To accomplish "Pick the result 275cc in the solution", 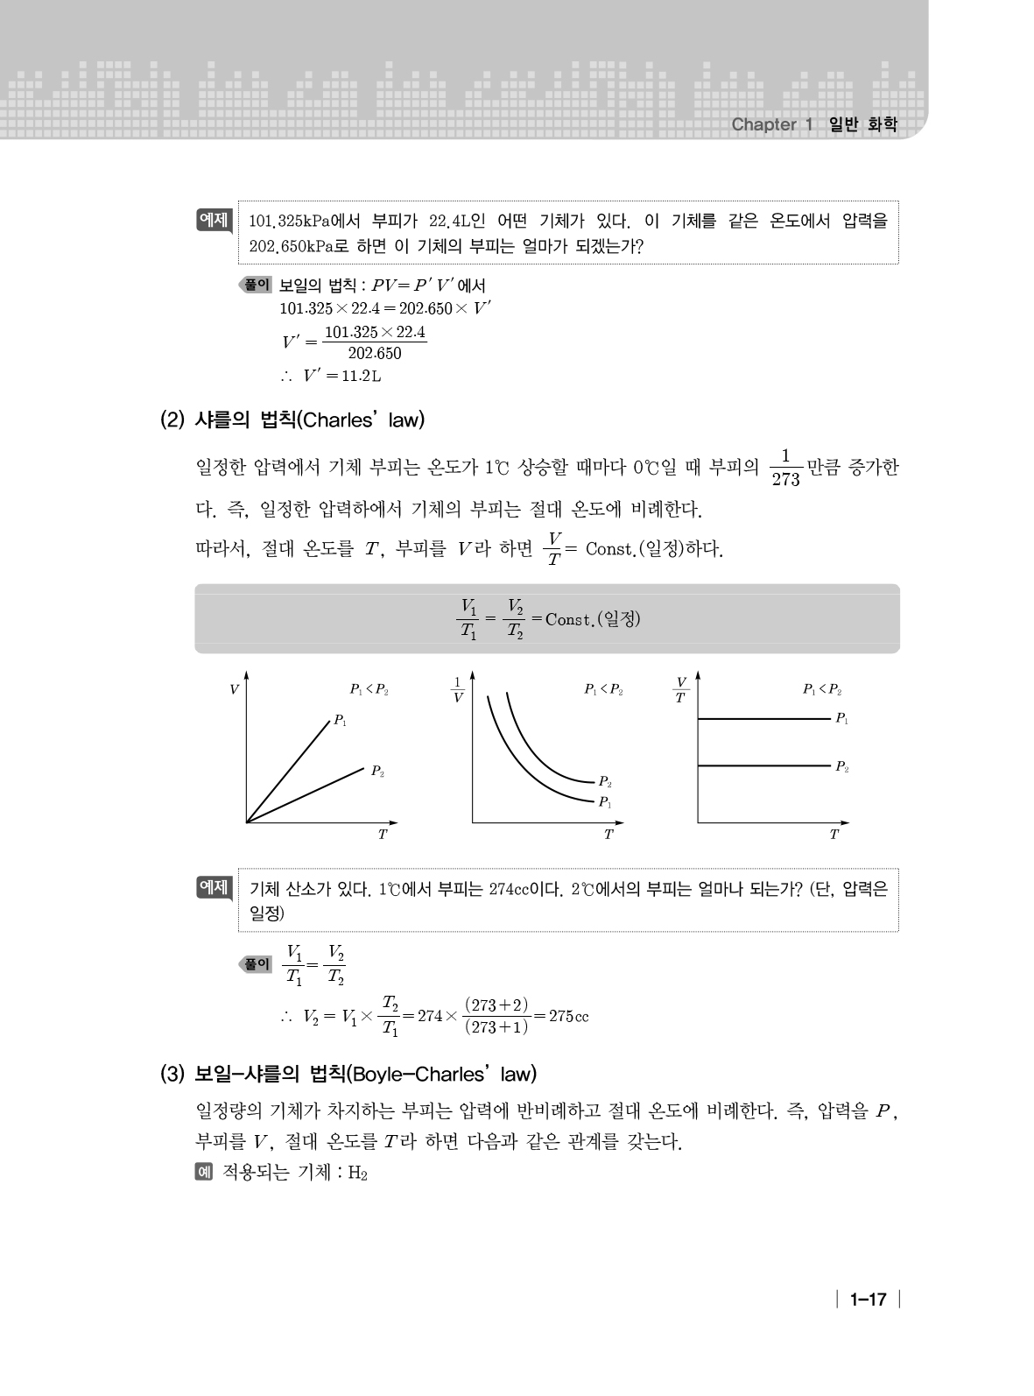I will pos(568,1016).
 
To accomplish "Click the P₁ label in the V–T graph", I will pos(340,722).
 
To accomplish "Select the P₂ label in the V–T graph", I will pos(377,772).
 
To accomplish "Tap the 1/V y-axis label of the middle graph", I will pos(457,690).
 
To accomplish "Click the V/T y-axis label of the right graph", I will pos(680,690).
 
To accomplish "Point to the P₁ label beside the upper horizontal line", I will pos(841,718).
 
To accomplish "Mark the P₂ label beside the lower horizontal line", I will pos(841,766).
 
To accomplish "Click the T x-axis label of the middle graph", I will pos(608,835).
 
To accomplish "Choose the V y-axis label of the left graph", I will pos(234,690).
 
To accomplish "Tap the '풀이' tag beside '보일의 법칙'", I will pos(257,285).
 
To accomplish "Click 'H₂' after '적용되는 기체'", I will pos(357,1174).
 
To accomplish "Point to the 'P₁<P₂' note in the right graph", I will pos(822,689).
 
